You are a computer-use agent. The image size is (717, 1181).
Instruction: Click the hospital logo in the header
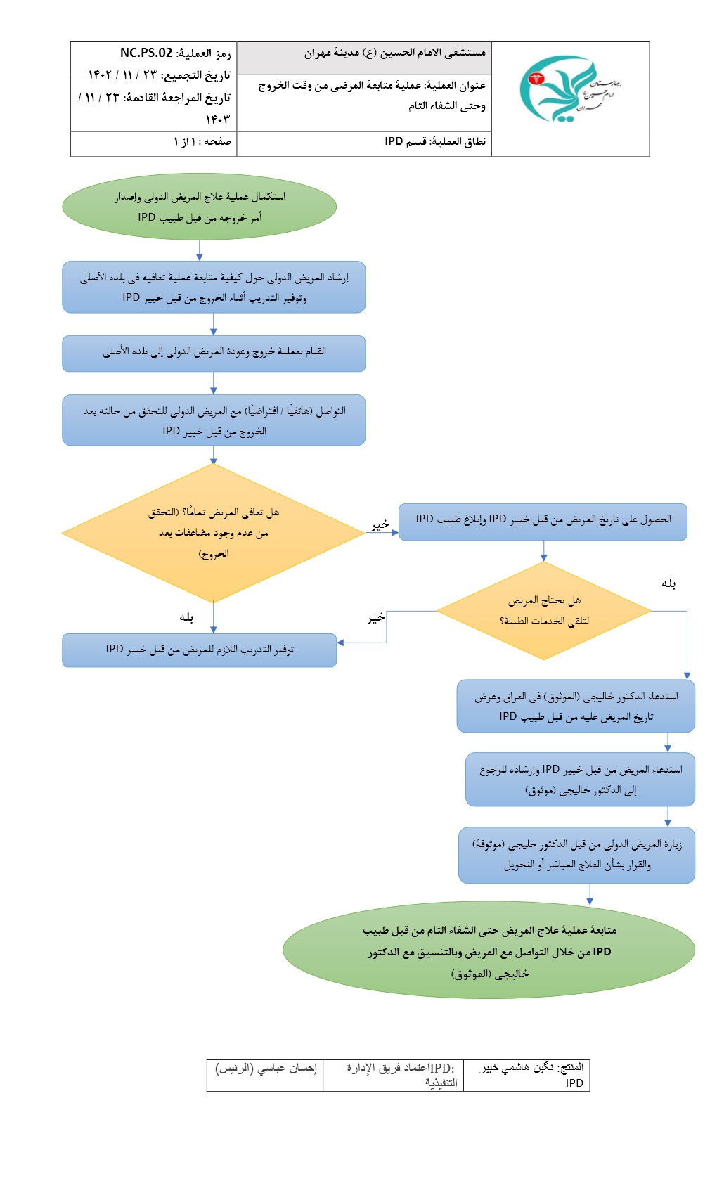pyautogui.click(x=569, y=89)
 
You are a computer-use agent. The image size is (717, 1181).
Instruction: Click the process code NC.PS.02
pyautogui.click(x=146, y=53)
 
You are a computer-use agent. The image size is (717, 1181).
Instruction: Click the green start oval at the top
pyautogui.click(x=199, y=207)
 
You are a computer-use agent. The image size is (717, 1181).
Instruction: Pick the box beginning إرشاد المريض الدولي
pyautogui.click(x=214, y=287)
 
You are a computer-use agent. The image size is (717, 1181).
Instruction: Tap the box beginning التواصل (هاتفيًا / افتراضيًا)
pyautogui.click(x=214, y=420)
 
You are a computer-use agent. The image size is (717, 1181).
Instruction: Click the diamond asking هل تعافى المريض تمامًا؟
pyautogui.click(x=213, y=533)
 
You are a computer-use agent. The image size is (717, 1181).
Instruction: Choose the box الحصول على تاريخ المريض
pyautogui.click(x=543, y=521)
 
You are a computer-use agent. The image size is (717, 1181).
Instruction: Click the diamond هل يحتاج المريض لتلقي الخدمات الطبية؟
pyautogui.click(x=543, y=610)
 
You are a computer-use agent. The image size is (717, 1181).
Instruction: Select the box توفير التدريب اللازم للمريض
pyautogui.click(x=199, y=650)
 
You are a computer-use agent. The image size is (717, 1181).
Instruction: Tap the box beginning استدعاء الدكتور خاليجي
pyautogui.click(x=576, y=706)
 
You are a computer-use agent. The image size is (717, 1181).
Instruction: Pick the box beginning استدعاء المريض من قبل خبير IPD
pyautogui.click(x=580, y=779)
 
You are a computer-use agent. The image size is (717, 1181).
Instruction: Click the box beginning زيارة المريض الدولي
pyautogui.click(x=576, y=854)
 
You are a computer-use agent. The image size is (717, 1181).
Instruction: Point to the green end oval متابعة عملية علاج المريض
pyautogui.click(x=489, y=950)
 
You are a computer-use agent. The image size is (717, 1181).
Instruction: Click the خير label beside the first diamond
pyautogui.click(x=380, y=524)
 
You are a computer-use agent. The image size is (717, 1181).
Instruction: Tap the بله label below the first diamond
pyautogui.click(x=186, y=617)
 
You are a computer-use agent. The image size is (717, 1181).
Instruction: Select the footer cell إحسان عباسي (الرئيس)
pyautogui.click(x=266, y=1069)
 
